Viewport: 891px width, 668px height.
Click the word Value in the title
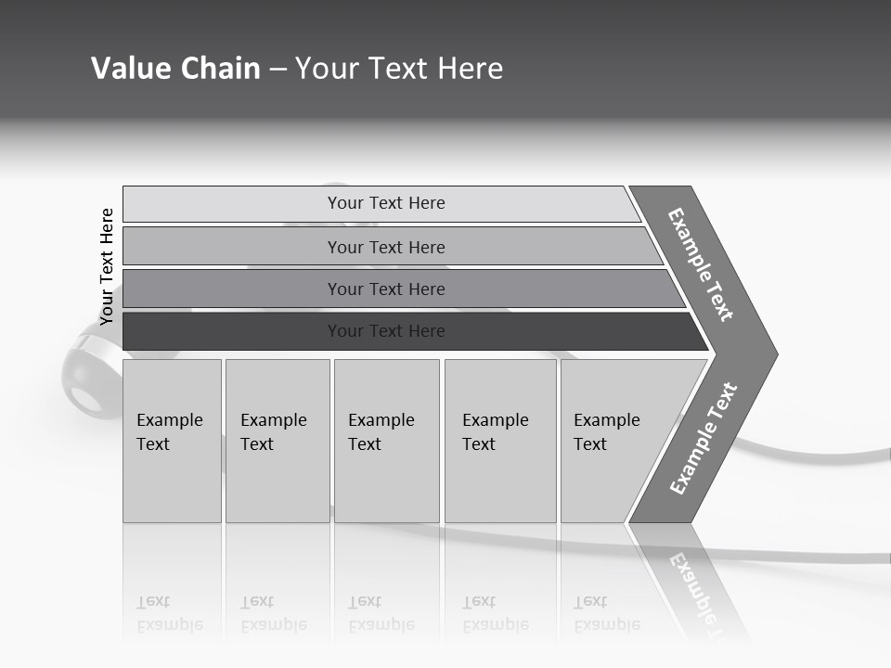[x=130, y=69]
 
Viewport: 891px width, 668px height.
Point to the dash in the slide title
[x=278, y=70]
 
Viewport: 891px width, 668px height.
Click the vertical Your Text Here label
[x=108, y=266]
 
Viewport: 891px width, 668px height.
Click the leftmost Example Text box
[x=172, y=442]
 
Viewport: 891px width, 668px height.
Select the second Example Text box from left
[x=277, y=442]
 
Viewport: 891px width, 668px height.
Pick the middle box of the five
[x=386, y=442]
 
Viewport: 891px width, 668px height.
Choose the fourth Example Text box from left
[x=500, y=442]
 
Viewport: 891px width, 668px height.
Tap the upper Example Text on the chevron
[x=701, y=264]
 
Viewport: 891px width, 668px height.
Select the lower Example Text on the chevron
[x=704, y=438]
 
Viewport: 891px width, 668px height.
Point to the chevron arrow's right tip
[x=775, y=353]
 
